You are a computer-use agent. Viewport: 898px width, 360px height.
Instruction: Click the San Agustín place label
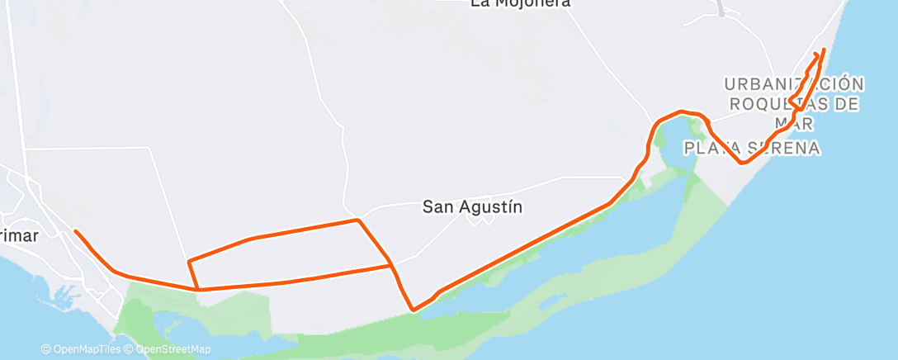point(473,206)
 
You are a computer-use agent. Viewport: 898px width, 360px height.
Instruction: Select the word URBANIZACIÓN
point(794,84)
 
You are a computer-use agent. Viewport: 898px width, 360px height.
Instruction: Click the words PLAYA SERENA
point(751,149)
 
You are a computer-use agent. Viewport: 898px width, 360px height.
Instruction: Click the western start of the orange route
point(75,231)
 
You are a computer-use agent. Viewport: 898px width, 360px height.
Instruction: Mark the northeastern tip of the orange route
point(823,50)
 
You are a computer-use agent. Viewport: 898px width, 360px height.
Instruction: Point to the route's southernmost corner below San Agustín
point(413,310)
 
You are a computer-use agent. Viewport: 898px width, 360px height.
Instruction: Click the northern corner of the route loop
point(357,220)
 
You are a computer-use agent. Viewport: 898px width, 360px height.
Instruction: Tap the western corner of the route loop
point(190,262)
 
